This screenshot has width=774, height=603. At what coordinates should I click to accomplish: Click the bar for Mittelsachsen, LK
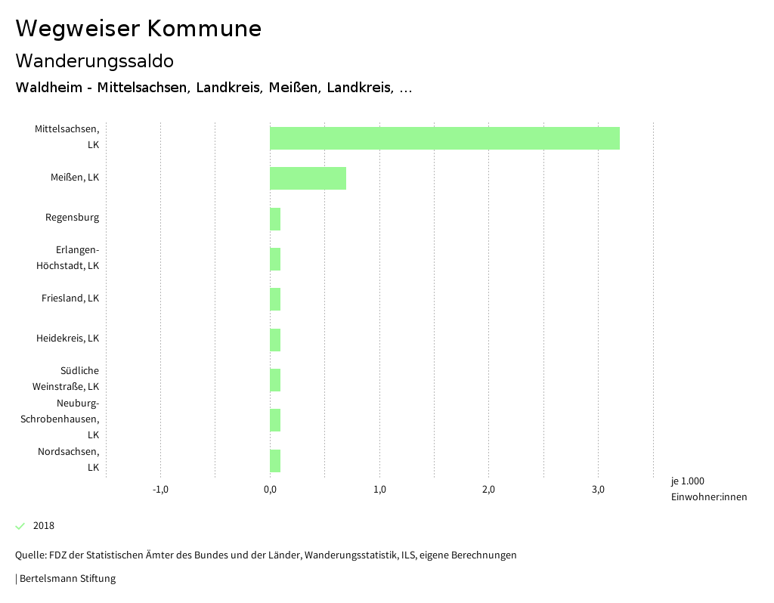point(444,138)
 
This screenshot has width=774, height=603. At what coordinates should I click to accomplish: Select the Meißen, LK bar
point(308,178)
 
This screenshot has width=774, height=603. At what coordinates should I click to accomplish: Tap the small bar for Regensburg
point(275,219)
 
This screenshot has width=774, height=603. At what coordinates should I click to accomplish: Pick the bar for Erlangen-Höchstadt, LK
point(275,259)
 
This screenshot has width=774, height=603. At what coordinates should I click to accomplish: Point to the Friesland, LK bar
point(275,299)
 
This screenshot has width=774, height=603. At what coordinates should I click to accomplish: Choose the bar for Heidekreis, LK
point(275,340)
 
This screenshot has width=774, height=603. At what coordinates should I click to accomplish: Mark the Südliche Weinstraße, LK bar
point(275,380)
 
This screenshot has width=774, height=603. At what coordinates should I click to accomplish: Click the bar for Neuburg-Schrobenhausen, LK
point(275,420)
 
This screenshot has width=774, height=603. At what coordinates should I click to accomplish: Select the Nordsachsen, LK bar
point(275,461)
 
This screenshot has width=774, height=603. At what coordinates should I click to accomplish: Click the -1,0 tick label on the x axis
point(160,490)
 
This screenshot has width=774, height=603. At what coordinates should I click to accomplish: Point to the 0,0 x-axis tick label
point(270,490)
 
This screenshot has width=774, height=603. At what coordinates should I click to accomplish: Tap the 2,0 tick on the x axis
point(488,490)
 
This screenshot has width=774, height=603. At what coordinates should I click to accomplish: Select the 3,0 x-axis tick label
point(598,490)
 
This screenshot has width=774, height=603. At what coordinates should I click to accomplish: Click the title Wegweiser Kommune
point(138,29)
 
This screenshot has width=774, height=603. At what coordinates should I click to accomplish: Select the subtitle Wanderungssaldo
point(94,60)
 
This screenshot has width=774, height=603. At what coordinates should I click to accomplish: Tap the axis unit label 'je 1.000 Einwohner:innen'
point(708,489)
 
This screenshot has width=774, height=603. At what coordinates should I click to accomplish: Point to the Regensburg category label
point(72,218)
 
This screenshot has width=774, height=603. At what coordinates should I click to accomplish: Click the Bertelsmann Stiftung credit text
point(67,579)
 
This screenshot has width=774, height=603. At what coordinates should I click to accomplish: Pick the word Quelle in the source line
point(29,555)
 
